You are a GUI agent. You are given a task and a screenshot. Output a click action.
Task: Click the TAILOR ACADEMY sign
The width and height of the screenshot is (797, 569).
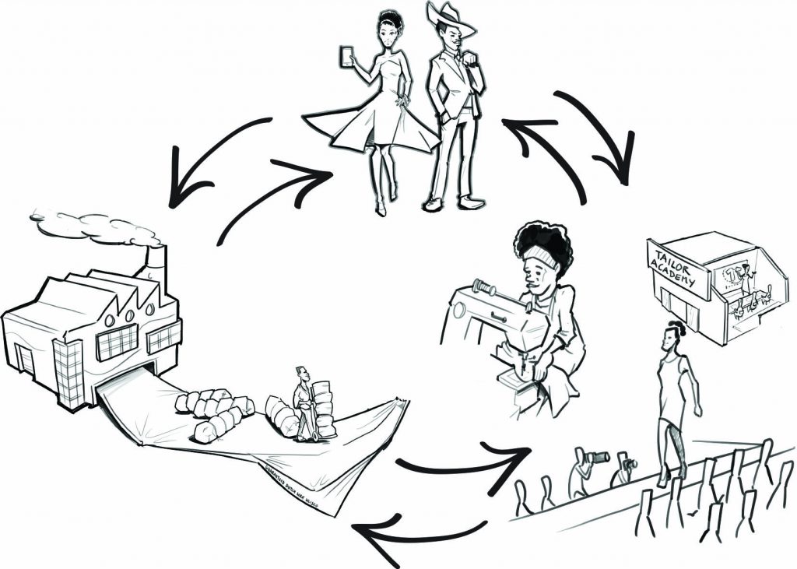pos(677,269)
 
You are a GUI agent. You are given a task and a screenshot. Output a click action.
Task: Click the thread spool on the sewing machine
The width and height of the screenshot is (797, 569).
pos(483,290)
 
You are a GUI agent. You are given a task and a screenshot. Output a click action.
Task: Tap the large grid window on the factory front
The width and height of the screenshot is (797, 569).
pos(117,342)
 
